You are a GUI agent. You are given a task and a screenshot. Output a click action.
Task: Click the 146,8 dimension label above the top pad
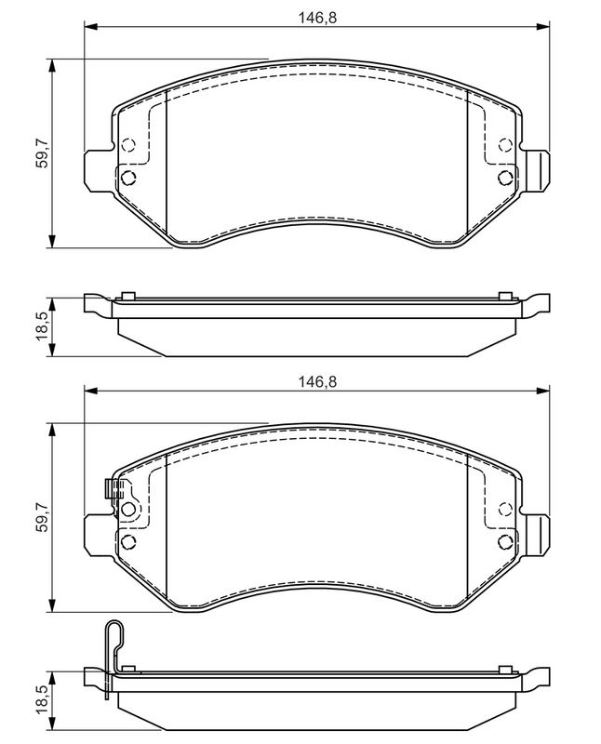point(314,16)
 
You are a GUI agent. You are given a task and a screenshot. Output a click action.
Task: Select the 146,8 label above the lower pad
point(314,380)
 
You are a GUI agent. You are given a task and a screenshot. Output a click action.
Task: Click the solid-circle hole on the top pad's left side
point(128,176)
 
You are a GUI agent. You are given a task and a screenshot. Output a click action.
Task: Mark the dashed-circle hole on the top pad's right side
point(505,144)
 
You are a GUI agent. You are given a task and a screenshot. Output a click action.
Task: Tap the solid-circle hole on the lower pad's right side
point(505,541)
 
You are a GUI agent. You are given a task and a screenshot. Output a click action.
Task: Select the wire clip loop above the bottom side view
point(112,636)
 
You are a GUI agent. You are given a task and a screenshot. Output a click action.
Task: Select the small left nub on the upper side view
point(128,297)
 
